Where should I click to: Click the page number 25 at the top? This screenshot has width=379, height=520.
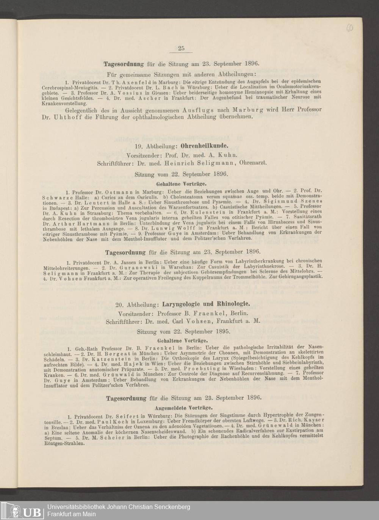[x=181, y=48]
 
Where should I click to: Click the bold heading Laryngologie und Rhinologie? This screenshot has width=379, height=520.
[x=206, y=304]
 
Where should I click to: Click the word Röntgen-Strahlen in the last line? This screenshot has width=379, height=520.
[x=62, y=443]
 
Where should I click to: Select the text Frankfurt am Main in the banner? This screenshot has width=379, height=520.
[x=72, y=514]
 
